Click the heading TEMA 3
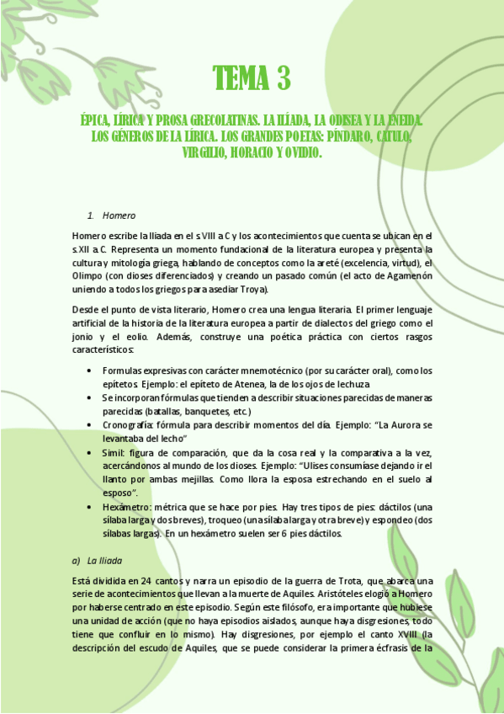click(252, 79)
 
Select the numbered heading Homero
click(119, 216)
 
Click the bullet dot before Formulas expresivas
click(89, 371)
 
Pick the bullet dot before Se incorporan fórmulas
click(89, 398)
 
